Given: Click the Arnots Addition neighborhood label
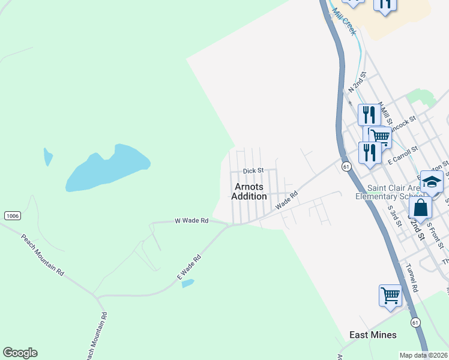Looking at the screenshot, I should [250, 191].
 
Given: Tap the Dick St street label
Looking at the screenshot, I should [253, 170].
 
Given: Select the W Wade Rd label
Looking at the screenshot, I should [191, 221].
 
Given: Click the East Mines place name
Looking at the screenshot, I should [373, 335].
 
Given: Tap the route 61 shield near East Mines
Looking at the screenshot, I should [415, 322].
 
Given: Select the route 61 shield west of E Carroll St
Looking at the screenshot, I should [346, 167].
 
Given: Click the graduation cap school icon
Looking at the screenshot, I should [432, 182].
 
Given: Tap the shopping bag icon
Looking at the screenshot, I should [421, 208].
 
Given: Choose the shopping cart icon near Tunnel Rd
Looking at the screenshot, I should [390, 295].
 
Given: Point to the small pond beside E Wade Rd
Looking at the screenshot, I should [188, 283].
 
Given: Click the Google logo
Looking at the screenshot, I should [20, 353].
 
